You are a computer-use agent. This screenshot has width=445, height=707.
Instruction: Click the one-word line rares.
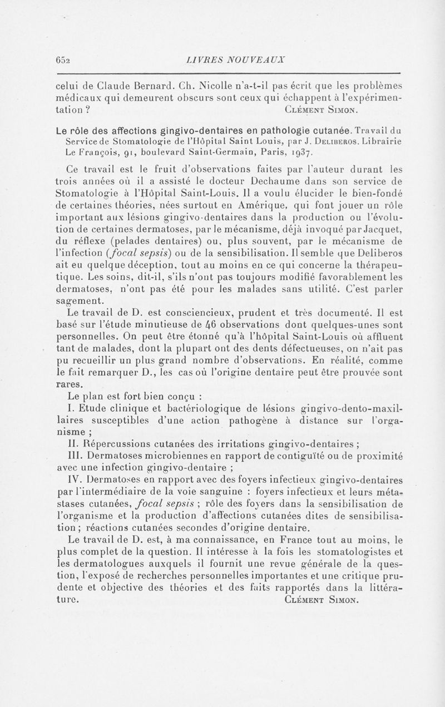[x=68, y=384]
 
